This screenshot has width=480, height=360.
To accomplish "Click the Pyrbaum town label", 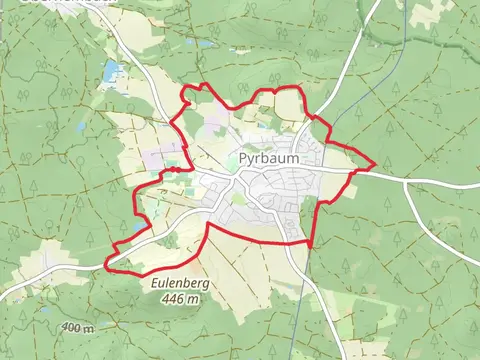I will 269,158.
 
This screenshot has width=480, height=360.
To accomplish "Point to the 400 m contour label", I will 77,328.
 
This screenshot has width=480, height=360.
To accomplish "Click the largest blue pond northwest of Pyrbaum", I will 110,71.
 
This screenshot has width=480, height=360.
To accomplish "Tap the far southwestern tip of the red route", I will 106,266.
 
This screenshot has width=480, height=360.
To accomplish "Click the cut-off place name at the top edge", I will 40,4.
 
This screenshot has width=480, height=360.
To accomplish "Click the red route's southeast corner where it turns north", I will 310,245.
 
